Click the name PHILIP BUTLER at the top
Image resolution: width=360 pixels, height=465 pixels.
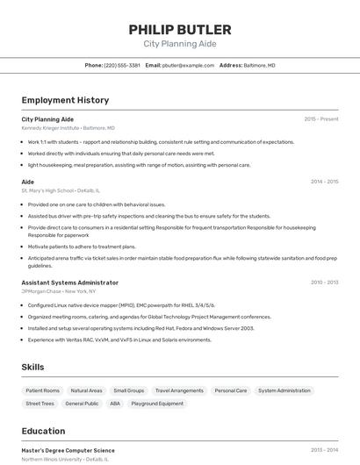click(x=179, y=29)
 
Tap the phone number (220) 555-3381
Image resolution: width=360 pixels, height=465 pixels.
click(x=122, y=65)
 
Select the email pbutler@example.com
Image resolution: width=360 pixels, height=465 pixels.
click(x=188, y=65)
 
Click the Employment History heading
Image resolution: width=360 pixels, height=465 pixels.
click(x=65, y=100)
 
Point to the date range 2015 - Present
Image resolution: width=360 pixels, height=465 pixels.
click(x=321, y=118)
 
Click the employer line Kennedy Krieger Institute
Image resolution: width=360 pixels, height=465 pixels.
click(x=68, y=127)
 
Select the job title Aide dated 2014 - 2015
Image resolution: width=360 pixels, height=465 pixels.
click(x=28, y=182)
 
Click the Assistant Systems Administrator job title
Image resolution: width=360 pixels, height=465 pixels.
click(x=69, y=283)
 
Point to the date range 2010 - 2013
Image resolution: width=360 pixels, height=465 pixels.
click(x=324, y=283)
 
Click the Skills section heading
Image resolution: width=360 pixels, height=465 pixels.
click(x=33, y=367)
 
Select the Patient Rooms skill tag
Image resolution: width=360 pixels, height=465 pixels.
click(x=42, y=390)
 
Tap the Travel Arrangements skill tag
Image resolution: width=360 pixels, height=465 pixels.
click(x=179, y=390)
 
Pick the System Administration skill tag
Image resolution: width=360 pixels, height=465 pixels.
click(x=284, y=390)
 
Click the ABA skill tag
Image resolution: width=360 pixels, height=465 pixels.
click(x=115, y=404)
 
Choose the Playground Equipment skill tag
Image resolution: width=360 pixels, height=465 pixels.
click(x=158, y=404)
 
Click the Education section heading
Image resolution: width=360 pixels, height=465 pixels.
click(x=43, y=431)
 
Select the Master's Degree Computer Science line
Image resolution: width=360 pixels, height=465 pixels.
click(x=68, y=450)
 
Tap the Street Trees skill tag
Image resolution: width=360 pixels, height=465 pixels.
click(x=40, y=404)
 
